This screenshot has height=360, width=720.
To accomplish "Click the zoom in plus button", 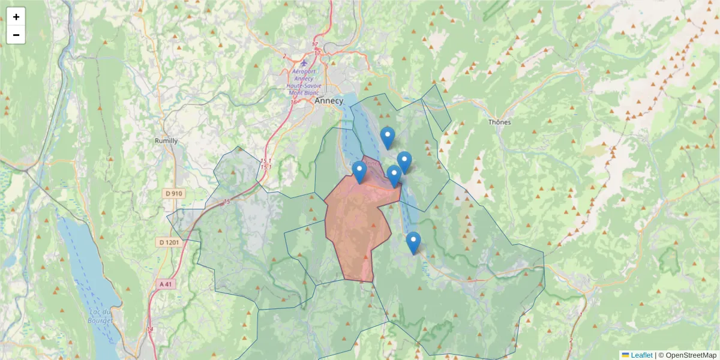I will [x=16, y=17].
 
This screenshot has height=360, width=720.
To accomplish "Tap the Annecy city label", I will [x=329, y=101].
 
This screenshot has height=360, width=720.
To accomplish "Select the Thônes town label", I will [x=499, y=122].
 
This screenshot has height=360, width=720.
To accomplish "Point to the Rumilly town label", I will [x=166, y=141].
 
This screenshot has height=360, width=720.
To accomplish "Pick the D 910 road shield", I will [x=175, y=194].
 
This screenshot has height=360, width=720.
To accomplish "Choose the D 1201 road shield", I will [x=170, y=242].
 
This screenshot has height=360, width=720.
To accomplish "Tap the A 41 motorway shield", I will [x=167, y=284].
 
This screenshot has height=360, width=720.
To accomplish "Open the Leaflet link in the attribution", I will [x=641, y=355].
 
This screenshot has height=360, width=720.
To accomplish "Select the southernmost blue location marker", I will [x=413, y=242].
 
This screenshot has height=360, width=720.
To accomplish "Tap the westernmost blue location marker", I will [x=359, y=172].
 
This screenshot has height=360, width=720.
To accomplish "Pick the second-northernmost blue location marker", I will [x=404, y=162].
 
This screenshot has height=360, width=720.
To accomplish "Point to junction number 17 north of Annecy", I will [x=315, y=44].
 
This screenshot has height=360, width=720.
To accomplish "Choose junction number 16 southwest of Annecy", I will [x=293, y=102].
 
